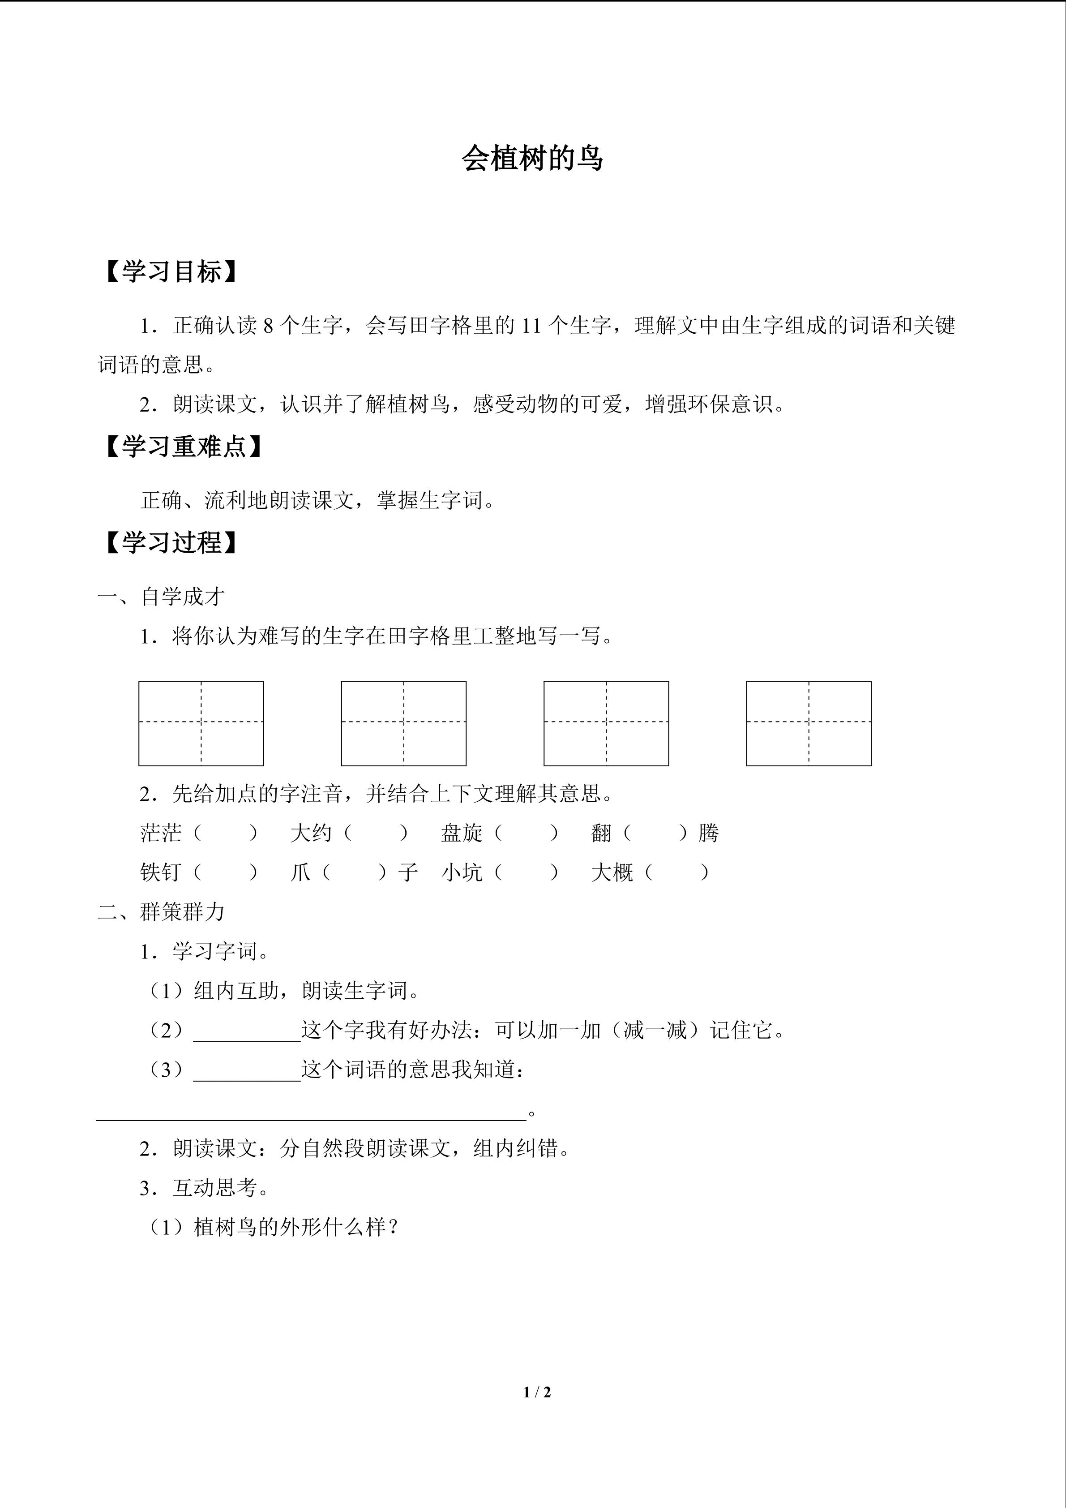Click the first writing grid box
201,723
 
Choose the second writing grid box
404,723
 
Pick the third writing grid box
606,723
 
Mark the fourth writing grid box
809,723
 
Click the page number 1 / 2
537,1392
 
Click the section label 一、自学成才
162,597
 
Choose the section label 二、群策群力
162,911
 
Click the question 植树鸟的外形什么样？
295,1228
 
